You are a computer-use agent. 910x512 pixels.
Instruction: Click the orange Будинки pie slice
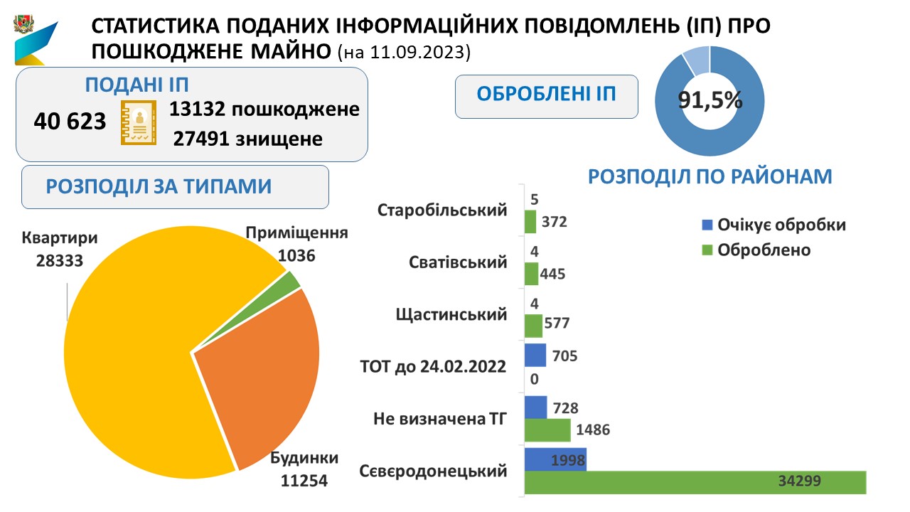(263, 384)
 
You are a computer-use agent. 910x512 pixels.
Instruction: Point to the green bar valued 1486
(547, 430)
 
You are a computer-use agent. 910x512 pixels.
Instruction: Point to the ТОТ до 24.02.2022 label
(434, 367)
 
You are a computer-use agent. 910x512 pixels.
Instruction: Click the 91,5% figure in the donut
(710, 100)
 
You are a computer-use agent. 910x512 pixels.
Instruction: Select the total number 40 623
(70, 122)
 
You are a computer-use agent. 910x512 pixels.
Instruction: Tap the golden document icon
(139, 122)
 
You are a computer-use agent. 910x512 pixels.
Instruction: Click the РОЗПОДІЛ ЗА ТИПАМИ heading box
(175, 187)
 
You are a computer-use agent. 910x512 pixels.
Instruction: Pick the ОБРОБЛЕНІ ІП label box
(547, 95)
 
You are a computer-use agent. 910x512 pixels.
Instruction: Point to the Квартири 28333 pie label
(58, 249)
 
